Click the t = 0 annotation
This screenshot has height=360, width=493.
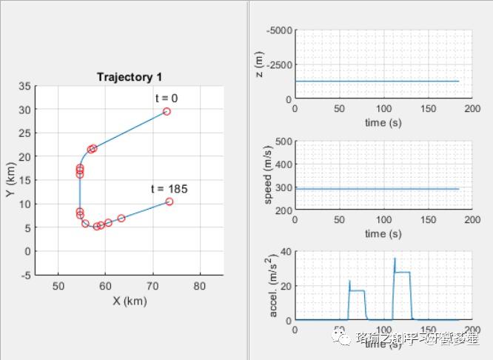[166, 98]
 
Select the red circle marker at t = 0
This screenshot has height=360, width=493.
[167, 111]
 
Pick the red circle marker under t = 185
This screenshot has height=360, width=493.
[169, 201]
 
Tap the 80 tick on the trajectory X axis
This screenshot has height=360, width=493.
[200, 286]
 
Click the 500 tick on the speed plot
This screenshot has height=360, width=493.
[283, 141]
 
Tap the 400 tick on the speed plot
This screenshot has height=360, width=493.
[283, 164]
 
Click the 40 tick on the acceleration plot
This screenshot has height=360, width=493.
[285, 252]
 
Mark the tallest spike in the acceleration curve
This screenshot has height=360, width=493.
[395, 258]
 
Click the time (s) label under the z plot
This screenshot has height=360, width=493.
[385, 121]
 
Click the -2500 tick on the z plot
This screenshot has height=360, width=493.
[279, 64]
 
